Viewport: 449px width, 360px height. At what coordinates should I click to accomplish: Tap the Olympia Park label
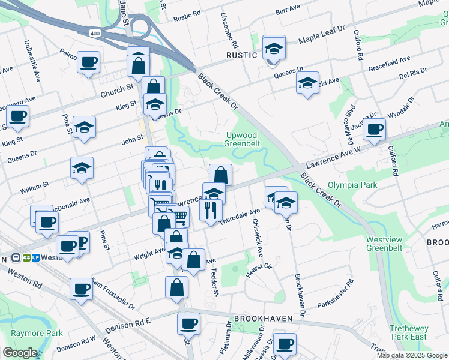(x=352, y=185)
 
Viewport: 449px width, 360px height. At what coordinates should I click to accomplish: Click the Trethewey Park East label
(x=408, y=332)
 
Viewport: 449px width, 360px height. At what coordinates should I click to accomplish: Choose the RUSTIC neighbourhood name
(x=241, y=55)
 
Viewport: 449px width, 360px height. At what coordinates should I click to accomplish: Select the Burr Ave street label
(x=288, y=11)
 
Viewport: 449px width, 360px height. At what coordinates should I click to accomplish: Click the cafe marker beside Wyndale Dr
(x=374, y=129)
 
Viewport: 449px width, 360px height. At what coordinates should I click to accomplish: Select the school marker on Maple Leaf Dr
(x=274, y=47)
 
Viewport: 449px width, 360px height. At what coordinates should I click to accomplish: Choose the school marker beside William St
(x=82, y=169)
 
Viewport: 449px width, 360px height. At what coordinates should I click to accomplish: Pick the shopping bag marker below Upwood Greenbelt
(x=220, y=175)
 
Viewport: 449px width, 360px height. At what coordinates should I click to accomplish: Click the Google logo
(x=20, y=353)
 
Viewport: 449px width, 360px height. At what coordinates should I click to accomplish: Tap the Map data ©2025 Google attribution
(x=411, y=355)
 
